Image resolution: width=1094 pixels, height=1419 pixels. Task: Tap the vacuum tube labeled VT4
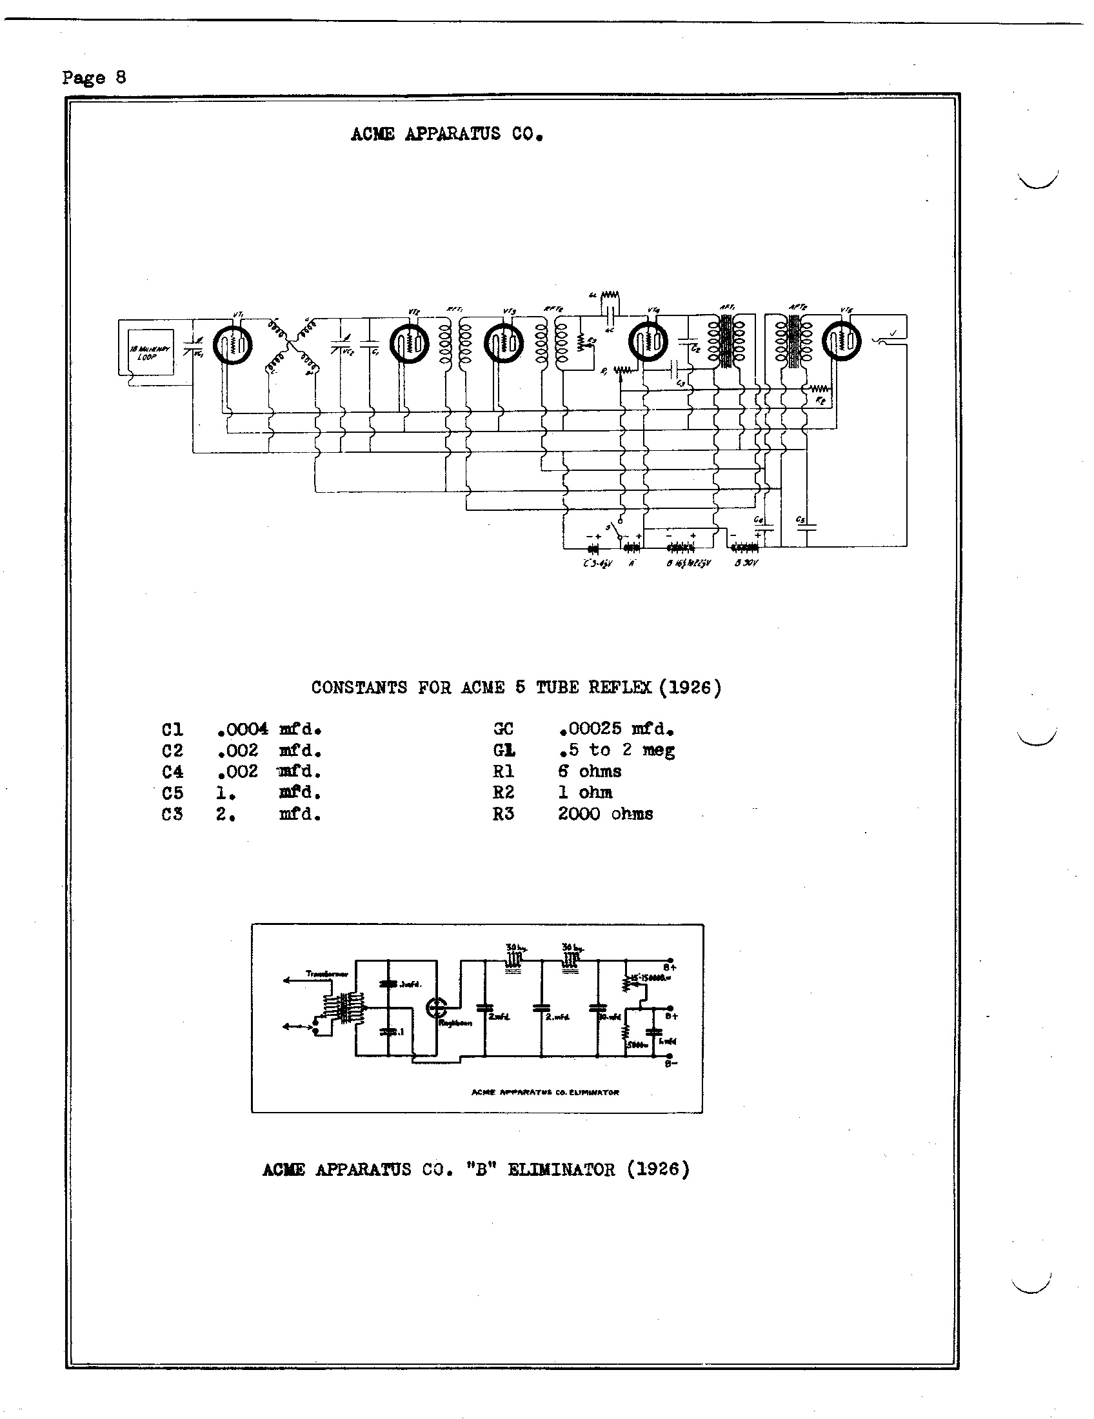(x=648, y=341)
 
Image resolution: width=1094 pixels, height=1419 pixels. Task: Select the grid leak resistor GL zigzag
(x=609, y=296)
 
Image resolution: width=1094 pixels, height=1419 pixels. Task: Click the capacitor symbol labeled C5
(x=806, y=526)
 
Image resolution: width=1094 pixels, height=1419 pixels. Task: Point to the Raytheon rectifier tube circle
(x=436, y=1007)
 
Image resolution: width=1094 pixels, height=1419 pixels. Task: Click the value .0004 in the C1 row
(x=243, y=729)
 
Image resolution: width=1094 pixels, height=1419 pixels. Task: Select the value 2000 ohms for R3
(x=605, y=814)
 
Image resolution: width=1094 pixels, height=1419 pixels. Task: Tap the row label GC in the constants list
(x=504, y=729)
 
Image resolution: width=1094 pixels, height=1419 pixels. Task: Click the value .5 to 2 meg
(x=616, y=750)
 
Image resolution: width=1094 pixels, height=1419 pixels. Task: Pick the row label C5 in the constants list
(x=173, y=793)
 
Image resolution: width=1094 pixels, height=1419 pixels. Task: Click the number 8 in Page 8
(x=120, y=77)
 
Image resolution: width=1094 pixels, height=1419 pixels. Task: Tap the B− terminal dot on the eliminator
(x=670, y=1057)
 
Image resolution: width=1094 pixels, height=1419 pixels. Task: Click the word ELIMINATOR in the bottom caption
(x=560, y=1170)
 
